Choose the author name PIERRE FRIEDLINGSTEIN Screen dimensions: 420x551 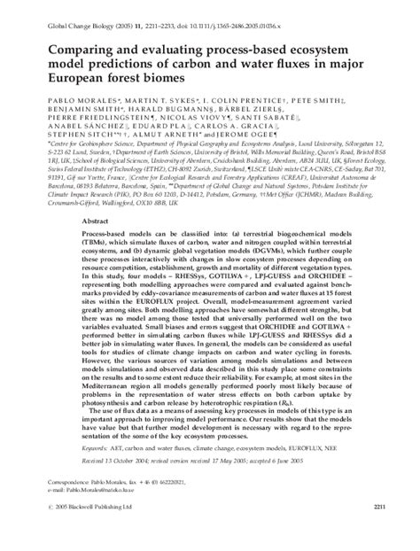click(90, 124)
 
